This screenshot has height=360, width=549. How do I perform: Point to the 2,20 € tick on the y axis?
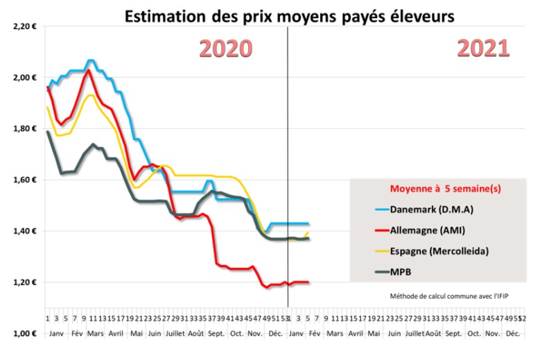coord(25,26)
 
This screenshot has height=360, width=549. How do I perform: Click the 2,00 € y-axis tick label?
coord(25,78)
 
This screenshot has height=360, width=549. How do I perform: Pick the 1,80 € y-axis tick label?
coord(25,129)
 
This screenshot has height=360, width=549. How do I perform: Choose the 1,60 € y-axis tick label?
coord(25,180)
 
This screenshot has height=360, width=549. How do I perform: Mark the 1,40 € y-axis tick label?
coord(25,231)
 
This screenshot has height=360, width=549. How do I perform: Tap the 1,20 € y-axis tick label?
coord(25,282)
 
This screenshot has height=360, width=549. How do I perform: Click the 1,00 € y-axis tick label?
coord(25,334)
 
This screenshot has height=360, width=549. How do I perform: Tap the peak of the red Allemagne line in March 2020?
coord(88,70)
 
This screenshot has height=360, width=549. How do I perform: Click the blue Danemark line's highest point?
coord(91,61)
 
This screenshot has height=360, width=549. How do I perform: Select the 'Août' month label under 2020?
coord(195,334)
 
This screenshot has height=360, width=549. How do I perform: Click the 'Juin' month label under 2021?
coord(394,334)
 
